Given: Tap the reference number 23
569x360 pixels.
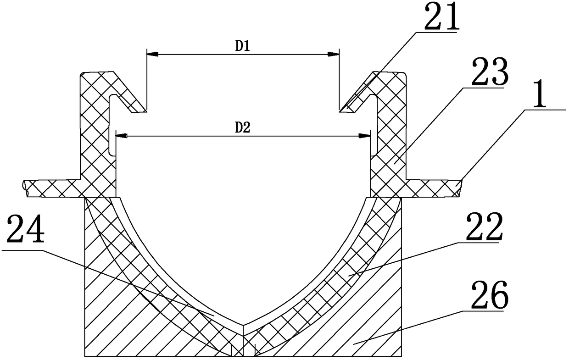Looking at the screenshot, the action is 490,72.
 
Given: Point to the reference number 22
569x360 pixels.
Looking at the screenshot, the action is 485,227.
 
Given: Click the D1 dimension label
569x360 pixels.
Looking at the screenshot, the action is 242,47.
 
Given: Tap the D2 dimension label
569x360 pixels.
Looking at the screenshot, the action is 242,128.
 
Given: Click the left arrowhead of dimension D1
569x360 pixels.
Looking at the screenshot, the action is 152,54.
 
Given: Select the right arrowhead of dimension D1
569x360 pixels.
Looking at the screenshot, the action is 333,54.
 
